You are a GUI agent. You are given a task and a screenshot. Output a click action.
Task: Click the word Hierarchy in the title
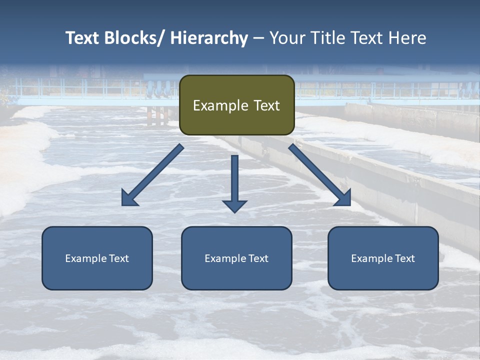209,38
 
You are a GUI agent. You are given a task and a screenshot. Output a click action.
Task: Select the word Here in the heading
408,38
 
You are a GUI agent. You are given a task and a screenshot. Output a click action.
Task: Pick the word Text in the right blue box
404,258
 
